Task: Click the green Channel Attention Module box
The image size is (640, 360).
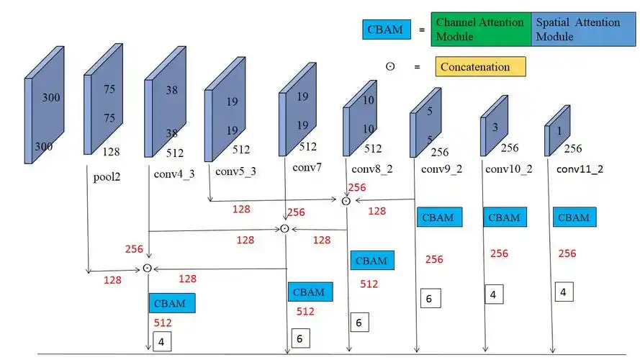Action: click(481, 29)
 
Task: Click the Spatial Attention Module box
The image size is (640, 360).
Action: click(583, 29)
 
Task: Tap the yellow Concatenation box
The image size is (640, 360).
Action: click(480, 66)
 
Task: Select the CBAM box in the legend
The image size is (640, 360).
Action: click(387, 30)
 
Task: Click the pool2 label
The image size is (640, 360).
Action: click(107, 177)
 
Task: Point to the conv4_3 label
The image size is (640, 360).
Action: click(174, 174)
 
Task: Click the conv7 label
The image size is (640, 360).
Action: click(307, 167)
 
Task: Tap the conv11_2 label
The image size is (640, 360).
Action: click(580, 169)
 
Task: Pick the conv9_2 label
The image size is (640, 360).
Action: click(441, 169)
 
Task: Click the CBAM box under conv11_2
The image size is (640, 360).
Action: click(574, 217)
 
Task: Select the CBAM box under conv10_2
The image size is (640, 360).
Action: click(505, 217)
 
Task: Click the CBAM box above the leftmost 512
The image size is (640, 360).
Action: click(172, 303)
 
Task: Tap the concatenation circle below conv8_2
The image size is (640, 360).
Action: click(346, 201)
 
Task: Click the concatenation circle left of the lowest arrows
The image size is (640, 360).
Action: click(148, 268)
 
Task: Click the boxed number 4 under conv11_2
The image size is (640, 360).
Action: click(564, 292)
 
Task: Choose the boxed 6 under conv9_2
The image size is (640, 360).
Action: click(431, 298)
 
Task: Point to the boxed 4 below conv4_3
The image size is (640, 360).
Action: click(162, 341)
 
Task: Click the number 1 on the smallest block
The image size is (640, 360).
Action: click(559, 130)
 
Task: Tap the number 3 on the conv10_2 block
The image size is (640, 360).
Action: click(495, 127)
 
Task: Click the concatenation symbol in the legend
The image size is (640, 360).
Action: click(390, 66)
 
